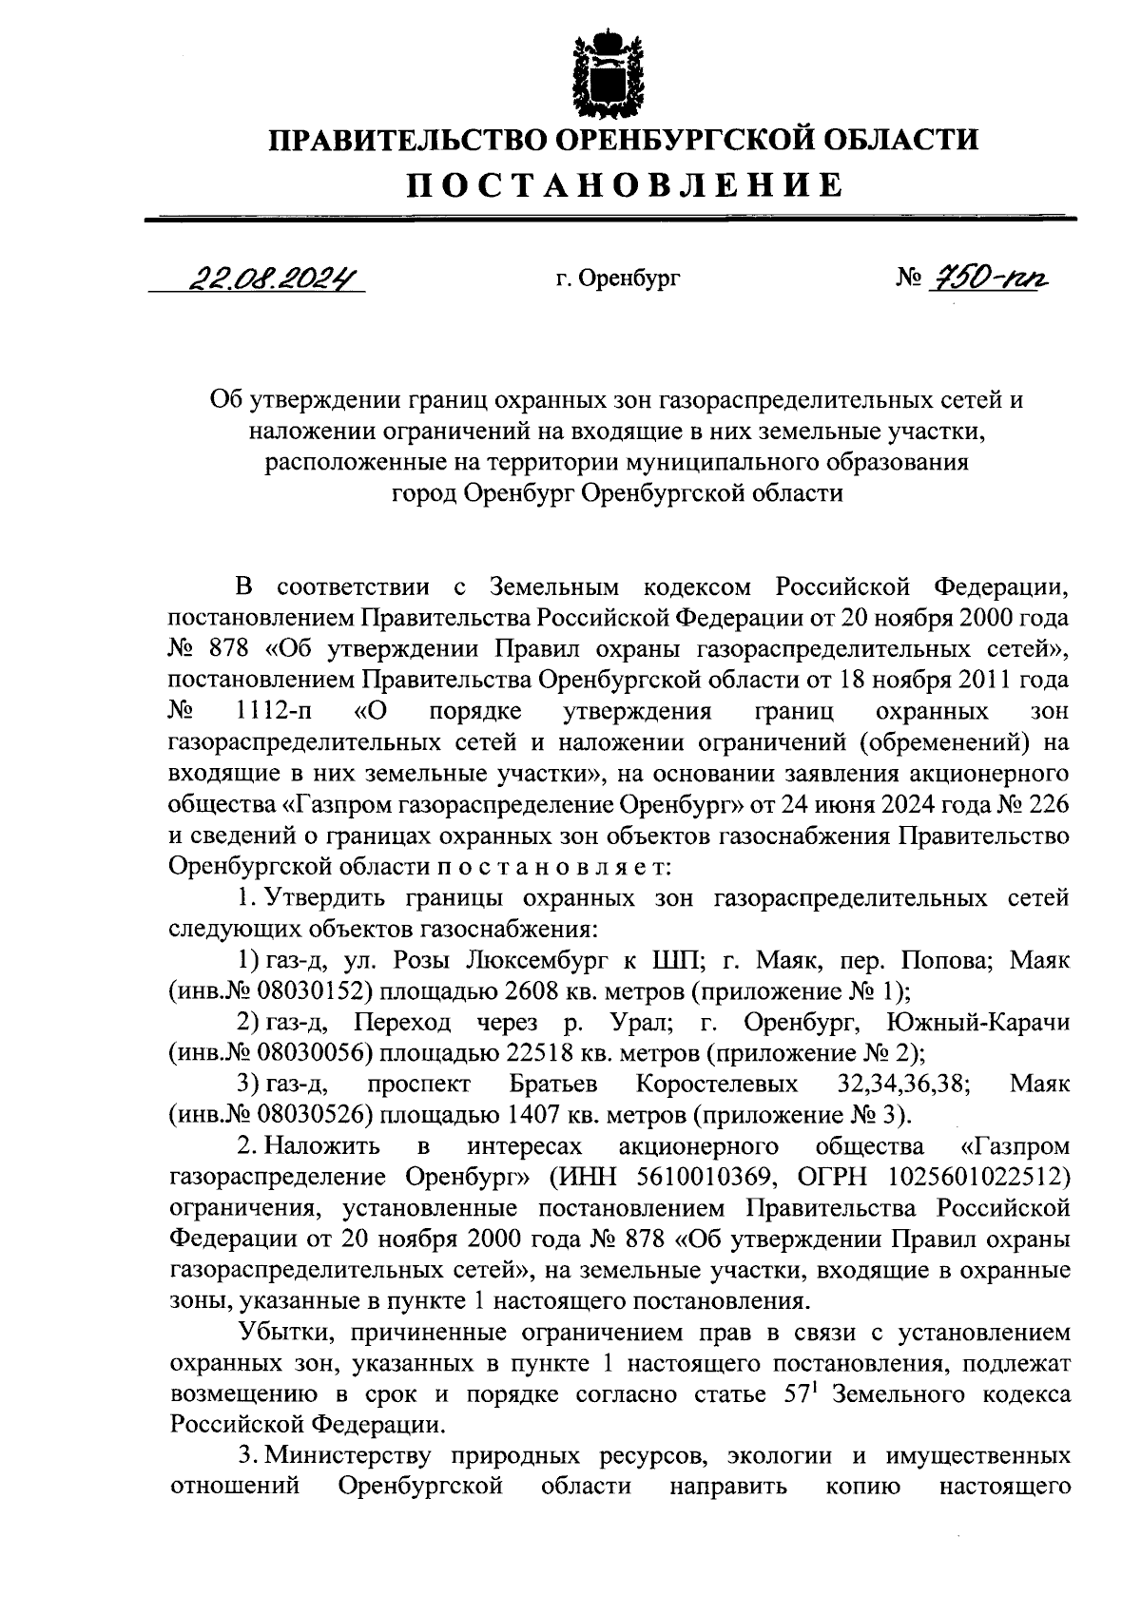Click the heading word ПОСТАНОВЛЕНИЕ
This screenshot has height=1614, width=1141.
[x=625, y=184]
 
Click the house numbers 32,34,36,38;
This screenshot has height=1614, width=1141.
[x=904, y=1085]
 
